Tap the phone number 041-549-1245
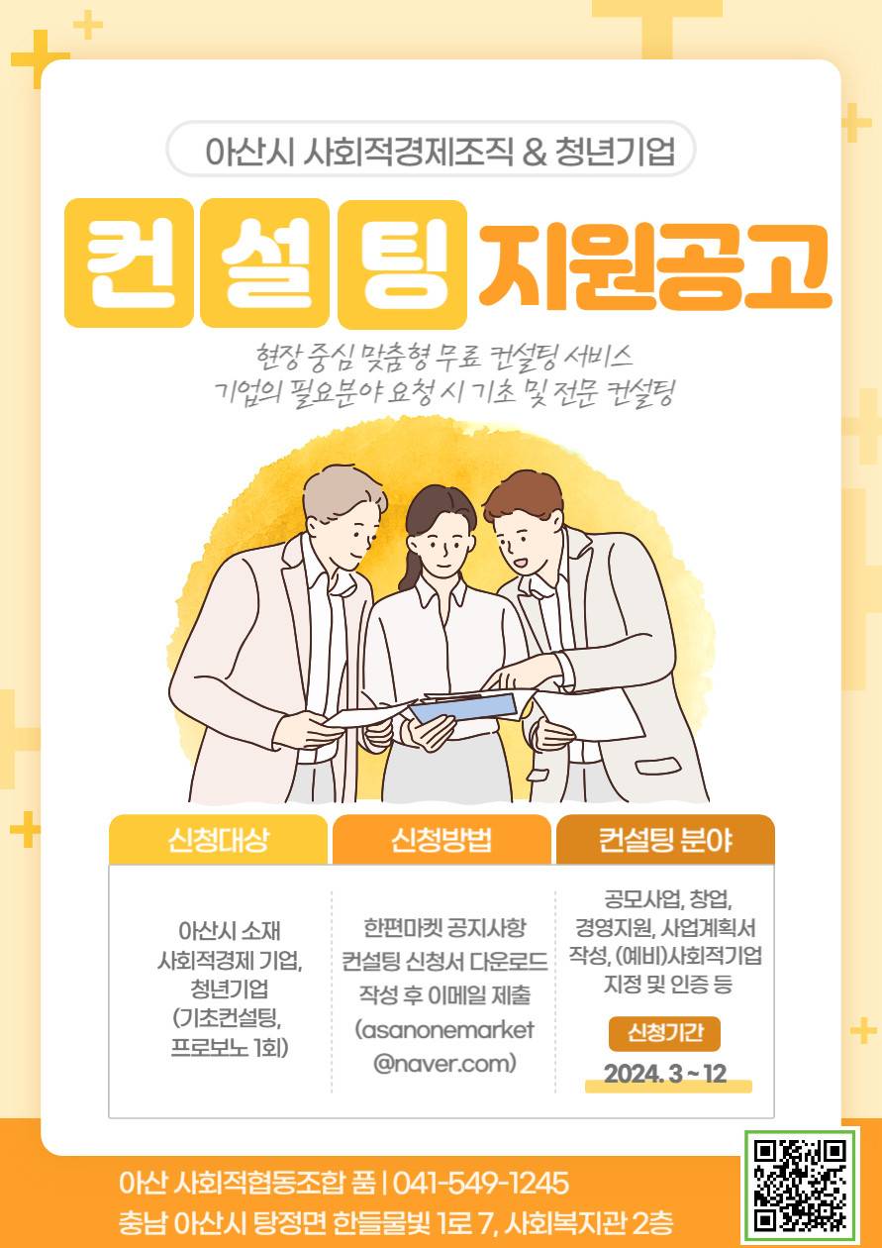(481, 1183)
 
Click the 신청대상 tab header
(218, 840)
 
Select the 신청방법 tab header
(441, 840)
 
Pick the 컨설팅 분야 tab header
(665, 840)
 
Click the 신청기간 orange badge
(664, 1033)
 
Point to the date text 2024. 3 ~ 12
(665, 1073)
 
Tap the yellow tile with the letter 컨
(129, 262)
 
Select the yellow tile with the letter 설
(264, 262)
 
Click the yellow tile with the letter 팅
(402, 262)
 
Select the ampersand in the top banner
(535, 152)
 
